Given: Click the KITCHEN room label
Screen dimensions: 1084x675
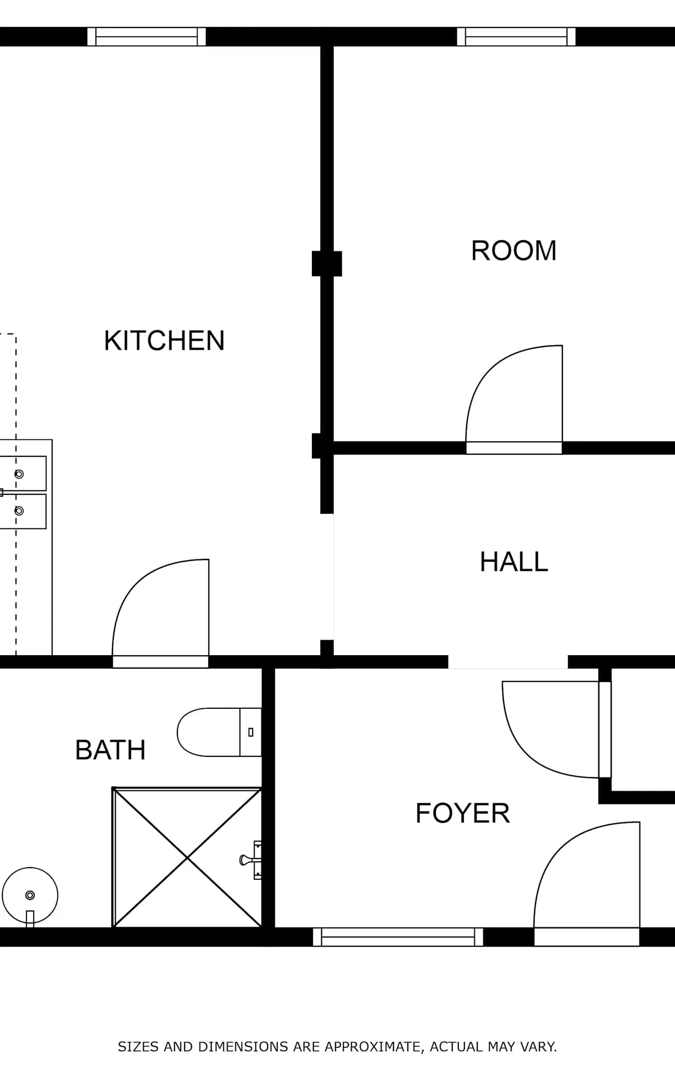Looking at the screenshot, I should pos(164,341).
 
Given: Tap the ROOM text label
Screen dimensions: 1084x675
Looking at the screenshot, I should pos(513,251).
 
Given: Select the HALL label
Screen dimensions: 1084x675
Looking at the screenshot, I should pos(514,562).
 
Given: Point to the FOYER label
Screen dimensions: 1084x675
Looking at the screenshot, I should pos(462,813).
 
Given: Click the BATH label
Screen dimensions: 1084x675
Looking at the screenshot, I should pos(110,750).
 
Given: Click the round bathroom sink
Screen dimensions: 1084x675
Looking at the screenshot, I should pos(30,895).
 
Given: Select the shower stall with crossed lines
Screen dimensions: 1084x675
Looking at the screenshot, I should pos(187,858).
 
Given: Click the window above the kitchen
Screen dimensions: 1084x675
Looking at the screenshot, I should pos(147,37).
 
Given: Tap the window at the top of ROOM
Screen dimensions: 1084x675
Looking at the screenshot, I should pos(516,37).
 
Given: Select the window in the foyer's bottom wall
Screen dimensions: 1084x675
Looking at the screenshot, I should pos(398,937).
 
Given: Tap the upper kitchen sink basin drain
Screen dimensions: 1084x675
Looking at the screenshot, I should pos(19,474).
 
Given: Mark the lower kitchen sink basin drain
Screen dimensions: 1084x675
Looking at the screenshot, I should pos(19,511).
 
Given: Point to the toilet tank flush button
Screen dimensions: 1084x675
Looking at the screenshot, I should pos(251,732).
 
